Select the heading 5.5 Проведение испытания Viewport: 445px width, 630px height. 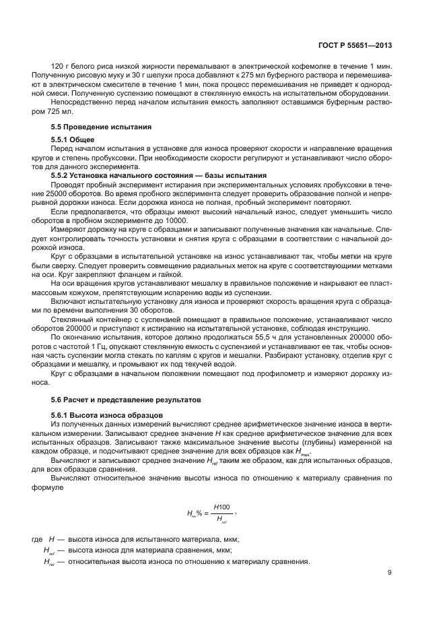pos(92,127)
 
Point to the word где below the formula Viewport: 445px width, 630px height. pos(37,540)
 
